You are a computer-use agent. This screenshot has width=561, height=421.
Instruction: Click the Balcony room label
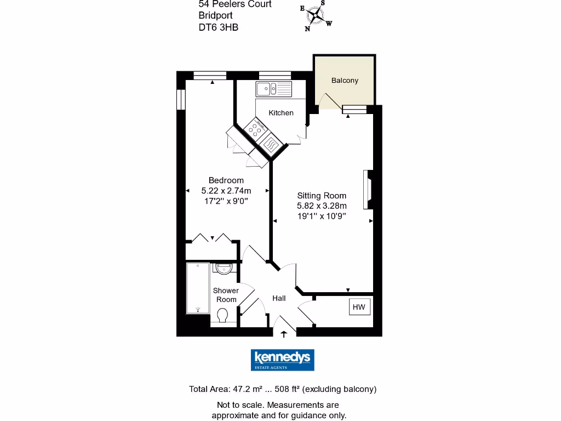(x=345, y=80)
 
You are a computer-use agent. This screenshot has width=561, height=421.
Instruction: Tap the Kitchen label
(x=281, y=113)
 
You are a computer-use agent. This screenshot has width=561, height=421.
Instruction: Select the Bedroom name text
(x=226, y=180)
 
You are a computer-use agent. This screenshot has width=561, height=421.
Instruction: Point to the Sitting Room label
(x=322, y=196)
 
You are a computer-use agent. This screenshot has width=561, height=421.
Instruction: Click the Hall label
(x=279, y=298)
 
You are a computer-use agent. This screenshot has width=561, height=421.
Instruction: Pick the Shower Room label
(x=226, y=295)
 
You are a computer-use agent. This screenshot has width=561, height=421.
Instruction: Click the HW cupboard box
(x=359, y=307)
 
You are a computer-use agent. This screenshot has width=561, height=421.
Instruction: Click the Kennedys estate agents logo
(x=282, y=360)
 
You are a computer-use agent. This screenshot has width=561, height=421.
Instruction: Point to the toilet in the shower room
(x=222, y=316)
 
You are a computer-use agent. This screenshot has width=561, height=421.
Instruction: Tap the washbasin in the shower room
(x=224, y=269)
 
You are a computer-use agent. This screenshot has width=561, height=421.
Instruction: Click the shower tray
(x=198, y=288)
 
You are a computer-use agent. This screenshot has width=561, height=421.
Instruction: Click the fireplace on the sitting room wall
(x=367, y=190)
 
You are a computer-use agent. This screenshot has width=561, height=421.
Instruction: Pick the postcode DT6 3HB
(x=219, y=27)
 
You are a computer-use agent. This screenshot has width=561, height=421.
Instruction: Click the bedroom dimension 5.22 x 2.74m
(x=226, y=191)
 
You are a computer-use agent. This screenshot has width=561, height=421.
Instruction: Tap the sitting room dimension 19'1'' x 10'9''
(x=322, y=216)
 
